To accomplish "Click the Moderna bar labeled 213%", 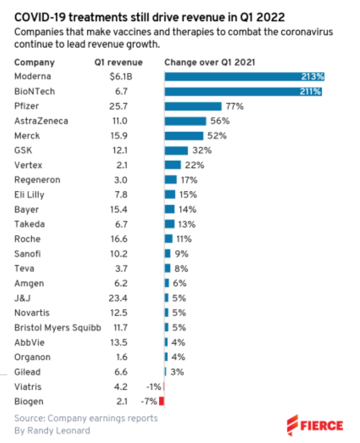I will click(244, 76).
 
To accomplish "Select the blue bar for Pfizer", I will click(193, 106).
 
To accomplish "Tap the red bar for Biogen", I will click(161, 401).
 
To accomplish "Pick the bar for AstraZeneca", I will click(185, 121).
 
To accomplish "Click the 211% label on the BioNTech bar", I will click(312, 91).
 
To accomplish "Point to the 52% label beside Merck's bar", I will click(217, 136).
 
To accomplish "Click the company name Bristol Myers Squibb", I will click(57, 328).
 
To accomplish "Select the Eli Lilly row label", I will click(29, 195).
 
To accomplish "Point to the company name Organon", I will click(32, 357).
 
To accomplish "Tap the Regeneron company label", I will click(37, 180).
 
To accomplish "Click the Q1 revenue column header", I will click(118, 62).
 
